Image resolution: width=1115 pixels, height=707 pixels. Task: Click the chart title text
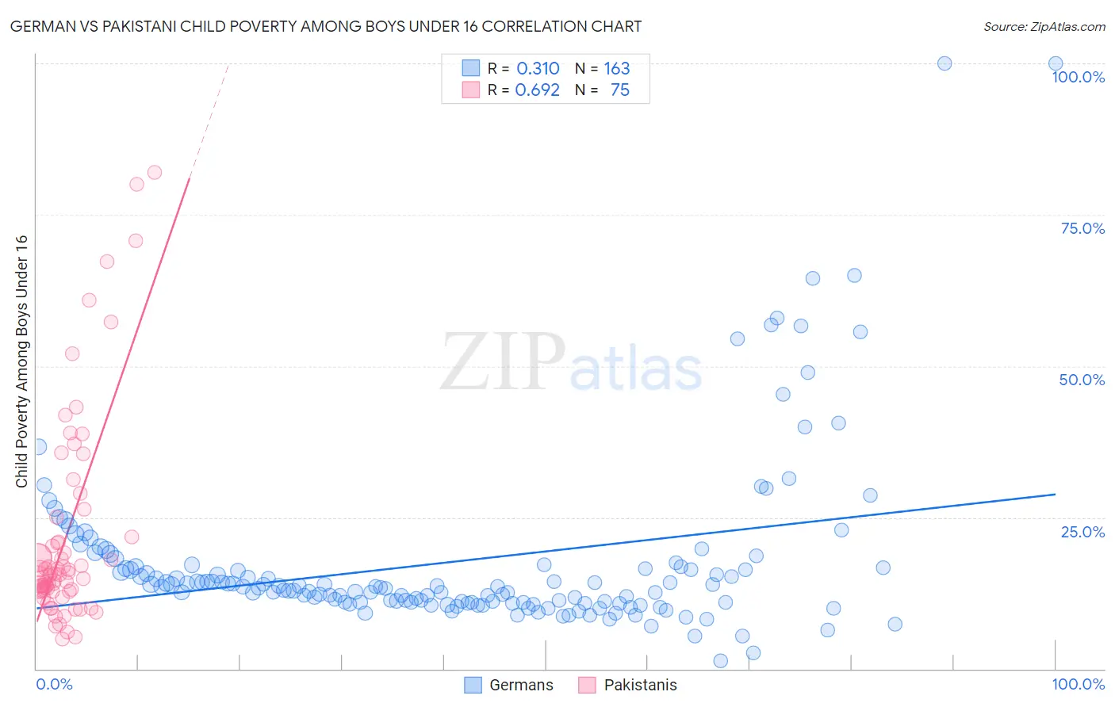(326, 26)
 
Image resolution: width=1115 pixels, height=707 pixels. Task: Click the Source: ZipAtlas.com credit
(1044, 26)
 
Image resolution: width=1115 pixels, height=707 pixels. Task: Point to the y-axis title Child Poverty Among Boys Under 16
(21, 361)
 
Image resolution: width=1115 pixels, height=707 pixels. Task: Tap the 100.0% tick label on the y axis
(1078, 77)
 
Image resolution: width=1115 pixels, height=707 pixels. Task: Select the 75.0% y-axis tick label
(1082, 228)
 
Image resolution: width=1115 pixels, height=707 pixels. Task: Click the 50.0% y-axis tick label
(1082, 380)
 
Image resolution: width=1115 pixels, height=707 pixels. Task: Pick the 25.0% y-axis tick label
(1082, 532)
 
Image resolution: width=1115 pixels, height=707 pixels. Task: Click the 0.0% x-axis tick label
(54, 684)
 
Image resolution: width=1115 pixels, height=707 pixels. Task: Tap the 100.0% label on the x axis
(1078, 684)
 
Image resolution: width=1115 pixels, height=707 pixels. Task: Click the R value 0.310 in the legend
(538, 69)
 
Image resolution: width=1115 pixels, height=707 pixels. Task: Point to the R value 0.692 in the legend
(537, 90)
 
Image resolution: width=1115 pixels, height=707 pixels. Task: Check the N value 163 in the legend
(616, 69)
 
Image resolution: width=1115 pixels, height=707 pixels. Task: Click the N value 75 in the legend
(619, 90)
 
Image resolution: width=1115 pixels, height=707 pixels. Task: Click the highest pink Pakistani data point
(155, 172)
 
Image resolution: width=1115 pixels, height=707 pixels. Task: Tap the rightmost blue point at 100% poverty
(1056, 63)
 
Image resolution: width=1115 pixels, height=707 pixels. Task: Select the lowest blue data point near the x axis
(720, 661)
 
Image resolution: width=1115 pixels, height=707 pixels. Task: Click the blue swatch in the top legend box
(471, 69)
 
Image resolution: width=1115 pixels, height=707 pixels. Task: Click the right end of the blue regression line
(1055, 494)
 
